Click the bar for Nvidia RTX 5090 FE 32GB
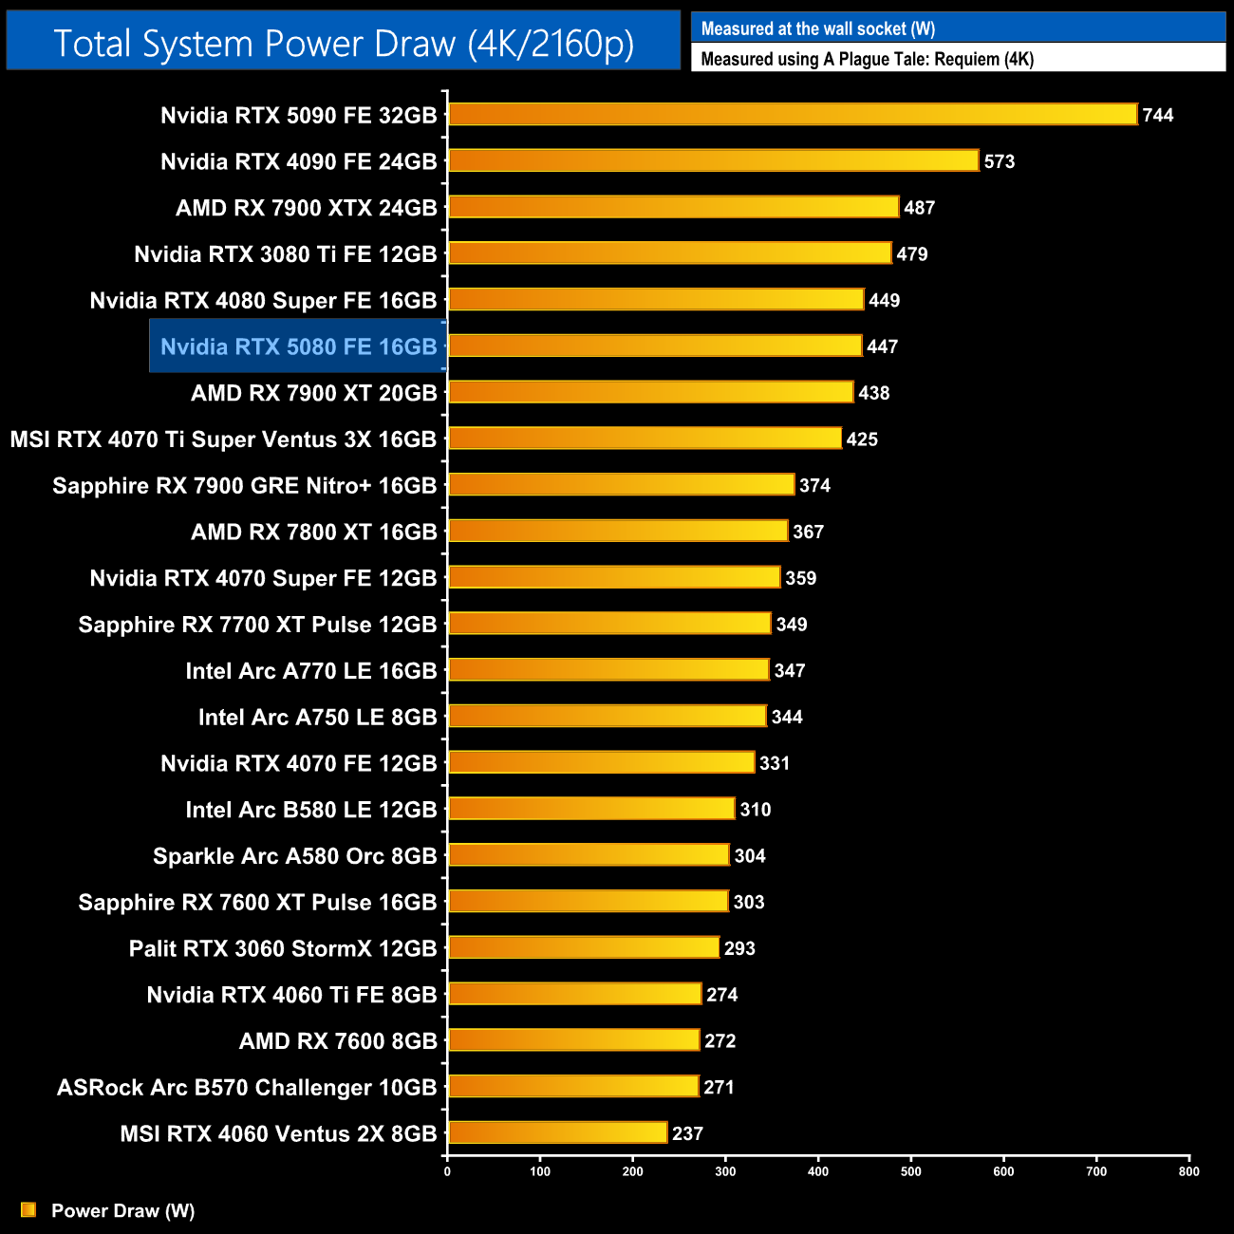click(x=793, y=115)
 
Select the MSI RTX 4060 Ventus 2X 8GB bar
click(x=558, y=1132)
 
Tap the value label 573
click(x=1000, y=161)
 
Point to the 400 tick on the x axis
click(x=818, y=1171)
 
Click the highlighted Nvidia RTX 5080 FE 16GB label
click(x=298, y=346)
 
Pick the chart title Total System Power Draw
click(x=344, y=44)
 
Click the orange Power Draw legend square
click(x=28, y=1209)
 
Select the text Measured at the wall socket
click(x=818, y=28)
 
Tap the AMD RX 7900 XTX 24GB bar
click(x=674, y=207)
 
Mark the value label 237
click(x=687, y=1133)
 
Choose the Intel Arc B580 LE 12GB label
click(x=311, y=810)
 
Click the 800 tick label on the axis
click(x=1188, y=1171)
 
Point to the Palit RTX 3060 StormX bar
click(x=584, y=947)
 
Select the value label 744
click(x=1158, y=115)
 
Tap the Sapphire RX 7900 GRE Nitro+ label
click(x=244, y=486)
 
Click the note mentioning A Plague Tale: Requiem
click(x=867, y=59)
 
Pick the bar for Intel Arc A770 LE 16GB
click(x=608, y=670)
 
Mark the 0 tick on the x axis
click(x=447, y=1171)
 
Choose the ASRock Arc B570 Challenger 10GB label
click(x=247, y=1087)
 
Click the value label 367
click(x=808, y=532)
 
